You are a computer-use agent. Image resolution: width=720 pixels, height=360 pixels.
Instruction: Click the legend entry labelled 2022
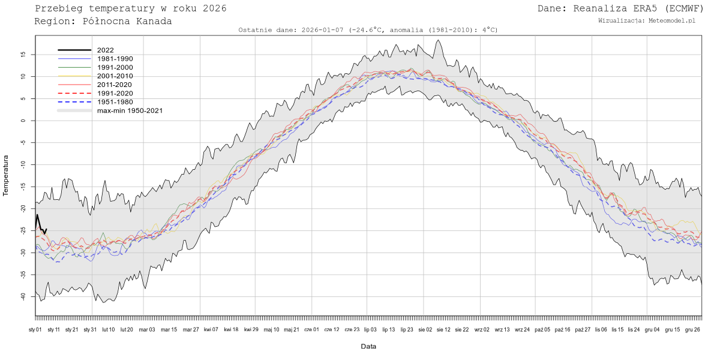[105, 50]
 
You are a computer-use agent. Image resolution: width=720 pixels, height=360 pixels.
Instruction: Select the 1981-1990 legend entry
[115, 59]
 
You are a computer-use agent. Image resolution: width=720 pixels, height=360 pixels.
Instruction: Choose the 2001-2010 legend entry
[115, 76]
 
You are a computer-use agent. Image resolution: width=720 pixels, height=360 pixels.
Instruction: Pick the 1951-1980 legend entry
[115, 102]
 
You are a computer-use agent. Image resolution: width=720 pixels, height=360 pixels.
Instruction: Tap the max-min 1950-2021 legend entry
[130, 110]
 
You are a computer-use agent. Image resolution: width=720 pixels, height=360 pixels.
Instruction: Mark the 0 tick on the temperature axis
[23, 121]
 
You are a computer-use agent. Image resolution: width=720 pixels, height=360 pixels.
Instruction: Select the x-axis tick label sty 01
[35, 329]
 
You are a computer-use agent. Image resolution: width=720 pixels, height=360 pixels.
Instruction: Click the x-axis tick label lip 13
[388, 329]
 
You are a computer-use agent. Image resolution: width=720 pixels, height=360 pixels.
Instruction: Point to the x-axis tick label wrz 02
[482, 329]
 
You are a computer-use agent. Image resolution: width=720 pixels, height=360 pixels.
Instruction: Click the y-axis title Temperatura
[6, 175]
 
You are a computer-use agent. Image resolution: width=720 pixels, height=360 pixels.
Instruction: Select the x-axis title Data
[368, 346]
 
